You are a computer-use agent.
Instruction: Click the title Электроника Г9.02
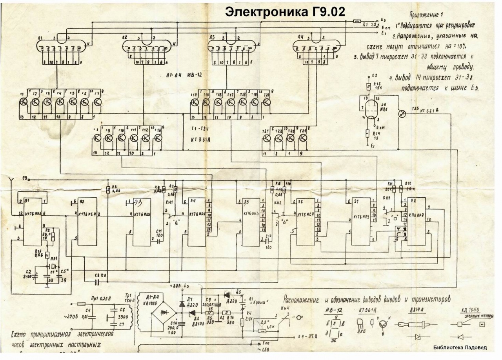click(x=285, y=12)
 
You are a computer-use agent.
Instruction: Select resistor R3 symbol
click(x=108, y=190)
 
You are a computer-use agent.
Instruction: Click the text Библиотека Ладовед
click(x=460, y=347)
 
